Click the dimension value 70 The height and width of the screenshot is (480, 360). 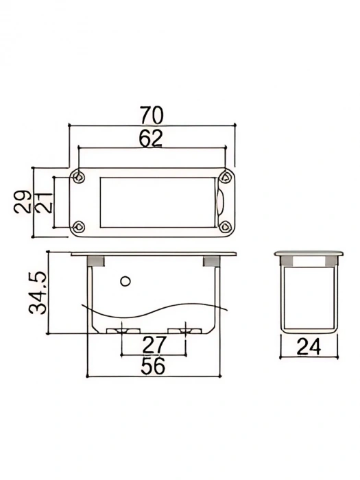(152, 114)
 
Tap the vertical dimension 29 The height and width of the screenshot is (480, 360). (23, 202)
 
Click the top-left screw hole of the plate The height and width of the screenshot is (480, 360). (81, 177)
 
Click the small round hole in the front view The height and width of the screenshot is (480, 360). (124, 280)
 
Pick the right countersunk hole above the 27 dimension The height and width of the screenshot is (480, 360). (186, 331)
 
